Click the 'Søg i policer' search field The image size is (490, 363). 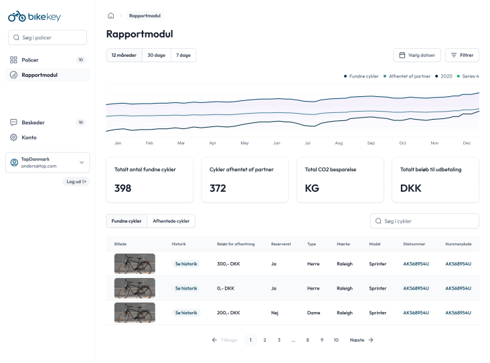[x=47, y=37]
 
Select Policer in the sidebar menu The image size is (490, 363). [x=30, y=60]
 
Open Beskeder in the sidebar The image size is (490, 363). [x=33, y=122]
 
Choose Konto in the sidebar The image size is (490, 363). [x=29, y=137]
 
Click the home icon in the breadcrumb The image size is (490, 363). [x=110, y=15]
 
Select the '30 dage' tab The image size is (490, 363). [x=156, y=55]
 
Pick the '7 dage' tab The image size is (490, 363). [x=183, y=55]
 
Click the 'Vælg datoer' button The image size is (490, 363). [x=417, y=55]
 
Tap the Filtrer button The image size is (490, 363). [x=462, y=55]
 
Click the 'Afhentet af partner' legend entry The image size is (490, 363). [x=408, y=76]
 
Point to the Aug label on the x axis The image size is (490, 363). [x=339, y=143]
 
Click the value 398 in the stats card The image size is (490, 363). [x=123, y=189]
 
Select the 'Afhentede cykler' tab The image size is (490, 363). [x=171, y=221]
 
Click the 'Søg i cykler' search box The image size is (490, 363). [x=424, y=221]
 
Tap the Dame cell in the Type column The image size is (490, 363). [x=313, y=312]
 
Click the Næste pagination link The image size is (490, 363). [x=361, y=340]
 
